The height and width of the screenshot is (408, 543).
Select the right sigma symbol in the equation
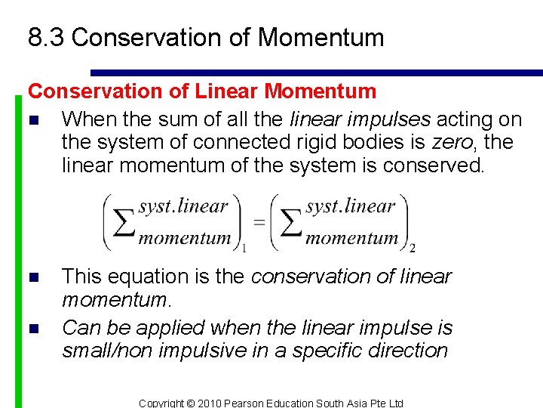click(x=288, y=223)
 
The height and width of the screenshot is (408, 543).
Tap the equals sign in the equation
click(x=259, y=222)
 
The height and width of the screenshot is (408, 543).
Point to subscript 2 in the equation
click(x=412, y=248)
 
